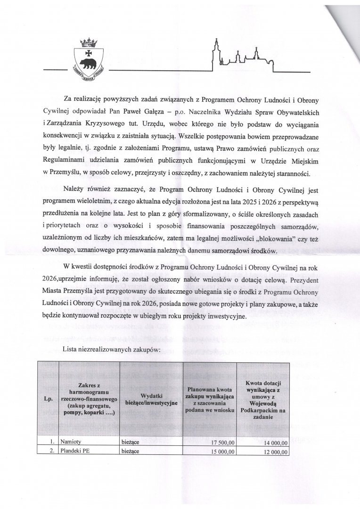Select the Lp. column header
48,399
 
